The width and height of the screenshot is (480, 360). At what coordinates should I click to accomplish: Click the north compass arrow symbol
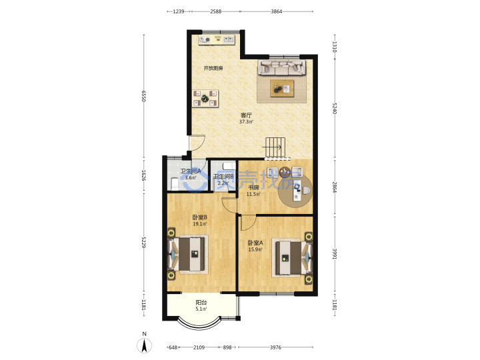point(144,345)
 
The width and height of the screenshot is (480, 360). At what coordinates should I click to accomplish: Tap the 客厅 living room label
point(246,115)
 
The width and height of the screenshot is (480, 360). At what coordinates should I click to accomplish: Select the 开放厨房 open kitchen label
point(213,68)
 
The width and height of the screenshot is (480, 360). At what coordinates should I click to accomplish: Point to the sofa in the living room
point(281,67)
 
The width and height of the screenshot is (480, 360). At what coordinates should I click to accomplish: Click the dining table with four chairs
point(205,99)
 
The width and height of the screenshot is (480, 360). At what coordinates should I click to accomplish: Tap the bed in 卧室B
point(187,254)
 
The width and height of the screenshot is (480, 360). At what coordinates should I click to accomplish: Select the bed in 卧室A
point(293,258)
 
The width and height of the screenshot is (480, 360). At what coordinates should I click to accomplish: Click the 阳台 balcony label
point(201,303)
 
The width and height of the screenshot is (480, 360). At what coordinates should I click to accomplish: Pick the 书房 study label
point(253,187)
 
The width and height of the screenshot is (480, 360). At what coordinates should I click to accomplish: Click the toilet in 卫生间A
point(174,183)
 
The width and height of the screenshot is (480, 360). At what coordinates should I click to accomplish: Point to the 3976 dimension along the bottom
point(275,347)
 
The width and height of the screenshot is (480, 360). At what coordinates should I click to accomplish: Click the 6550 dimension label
point(143,95)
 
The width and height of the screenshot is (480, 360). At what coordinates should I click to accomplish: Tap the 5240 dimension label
point(335,109)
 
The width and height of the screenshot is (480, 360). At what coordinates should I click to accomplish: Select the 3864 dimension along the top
point(277,11)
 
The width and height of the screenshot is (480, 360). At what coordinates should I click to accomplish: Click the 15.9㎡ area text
point(255,249)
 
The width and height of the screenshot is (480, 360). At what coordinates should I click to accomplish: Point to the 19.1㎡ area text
point(199,224)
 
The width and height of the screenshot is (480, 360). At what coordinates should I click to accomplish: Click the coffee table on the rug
point(282,89)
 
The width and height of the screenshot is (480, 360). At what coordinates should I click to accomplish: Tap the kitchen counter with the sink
point(217,40)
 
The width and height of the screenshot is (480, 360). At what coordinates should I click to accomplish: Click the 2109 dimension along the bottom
point(199,347)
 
